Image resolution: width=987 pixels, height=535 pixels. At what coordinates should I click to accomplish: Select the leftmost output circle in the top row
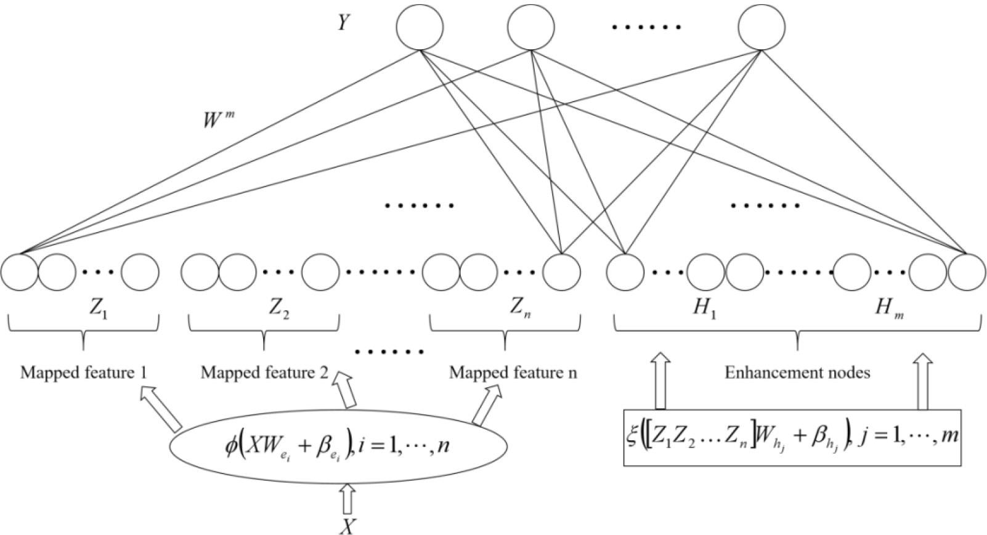[x=420, y=27]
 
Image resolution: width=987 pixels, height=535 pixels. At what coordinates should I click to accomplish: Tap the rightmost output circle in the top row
[x=762, y=27]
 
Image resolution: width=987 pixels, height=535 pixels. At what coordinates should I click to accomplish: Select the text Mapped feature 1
[x=83, y=373]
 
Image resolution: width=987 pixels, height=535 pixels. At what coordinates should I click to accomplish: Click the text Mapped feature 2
[x=264, y=373]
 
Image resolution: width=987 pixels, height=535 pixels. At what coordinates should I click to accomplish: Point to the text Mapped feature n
[x=513, y=373]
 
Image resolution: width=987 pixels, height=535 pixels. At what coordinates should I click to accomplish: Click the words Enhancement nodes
[x=797, y=373]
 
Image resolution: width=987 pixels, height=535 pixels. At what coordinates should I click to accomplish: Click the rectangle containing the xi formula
[x=792, y=436]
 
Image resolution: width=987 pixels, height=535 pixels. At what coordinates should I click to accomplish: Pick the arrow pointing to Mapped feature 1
[x=161, y=409]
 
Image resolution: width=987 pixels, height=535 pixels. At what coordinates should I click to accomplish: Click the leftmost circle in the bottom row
[x=19, y=272]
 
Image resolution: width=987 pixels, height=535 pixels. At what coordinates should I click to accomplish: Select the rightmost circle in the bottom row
[x=967, y=272]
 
